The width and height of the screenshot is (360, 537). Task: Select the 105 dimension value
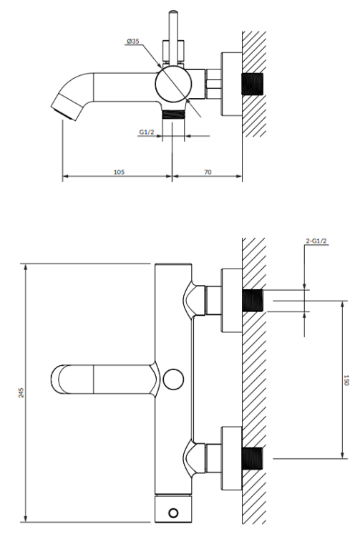(119, 172)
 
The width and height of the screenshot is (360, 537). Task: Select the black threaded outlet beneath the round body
(172, 114)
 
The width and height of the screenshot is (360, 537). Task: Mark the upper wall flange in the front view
(231, 301)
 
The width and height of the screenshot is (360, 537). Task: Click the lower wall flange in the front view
(231, 459)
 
